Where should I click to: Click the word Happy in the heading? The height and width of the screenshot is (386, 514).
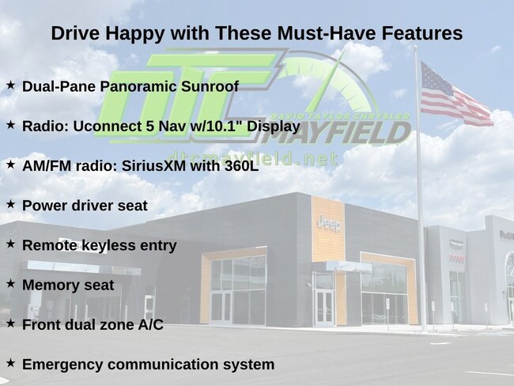click(x=134, y=34)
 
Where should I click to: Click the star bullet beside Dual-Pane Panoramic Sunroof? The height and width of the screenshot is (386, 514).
click(x=10, y=85)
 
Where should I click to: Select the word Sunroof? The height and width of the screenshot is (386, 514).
click(x=210, y=86)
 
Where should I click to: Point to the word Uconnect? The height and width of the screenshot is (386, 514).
click(x=108, y=127)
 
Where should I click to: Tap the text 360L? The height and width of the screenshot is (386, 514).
click(x=242, y=166)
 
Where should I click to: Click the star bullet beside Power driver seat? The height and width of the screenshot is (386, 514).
click(x=10, y=204)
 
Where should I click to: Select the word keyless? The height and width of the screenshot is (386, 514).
click(x=108, y=246)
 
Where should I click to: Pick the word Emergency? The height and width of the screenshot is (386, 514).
click(x=62, y=365)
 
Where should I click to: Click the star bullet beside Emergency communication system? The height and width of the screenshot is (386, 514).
click(x=10, y=363)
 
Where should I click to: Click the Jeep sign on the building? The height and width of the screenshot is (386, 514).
click(x=329, y=225)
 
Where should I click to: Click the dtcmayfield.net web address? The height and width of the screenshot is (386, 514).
click(x=252, y=159)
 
